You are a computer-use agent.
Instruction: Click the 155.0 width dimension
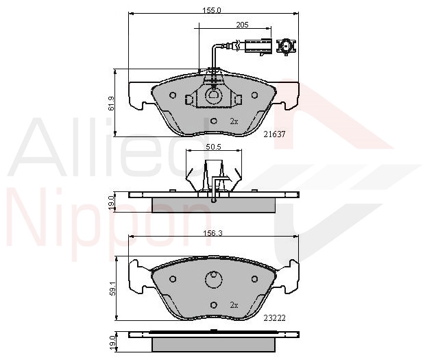pos(212,10)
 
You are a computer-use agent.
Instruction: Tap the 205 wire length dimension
pos(242,25)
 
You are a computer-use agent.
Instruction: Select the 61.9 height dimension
pos(111,104)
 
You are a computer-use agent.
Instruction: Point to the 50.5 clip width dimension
pos(214,147)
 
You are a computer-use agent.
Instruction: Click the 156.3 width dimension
pos(212,233)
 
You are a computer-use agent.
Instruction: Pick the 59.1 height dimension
pos(112,289)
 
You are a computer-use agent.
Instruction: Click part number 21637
pos(275,134)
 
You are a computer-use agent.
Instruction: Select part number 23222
pos(275,317)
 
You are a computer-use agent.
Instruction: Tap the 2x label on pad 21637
pos(234,121)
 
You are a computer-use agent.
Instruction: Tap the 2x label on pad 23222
pos(234,305)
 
